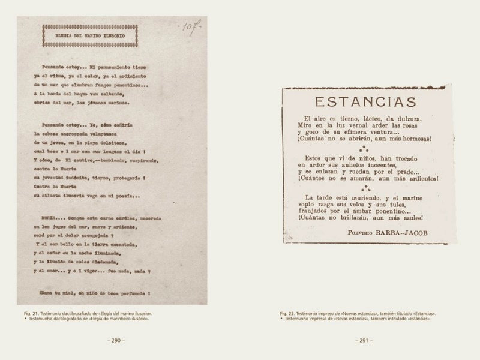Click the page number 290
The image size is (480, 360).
115,340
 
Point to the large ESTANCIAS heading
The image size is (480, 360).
367,100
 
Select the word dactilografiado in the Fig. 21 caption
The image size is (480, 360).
79,314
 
